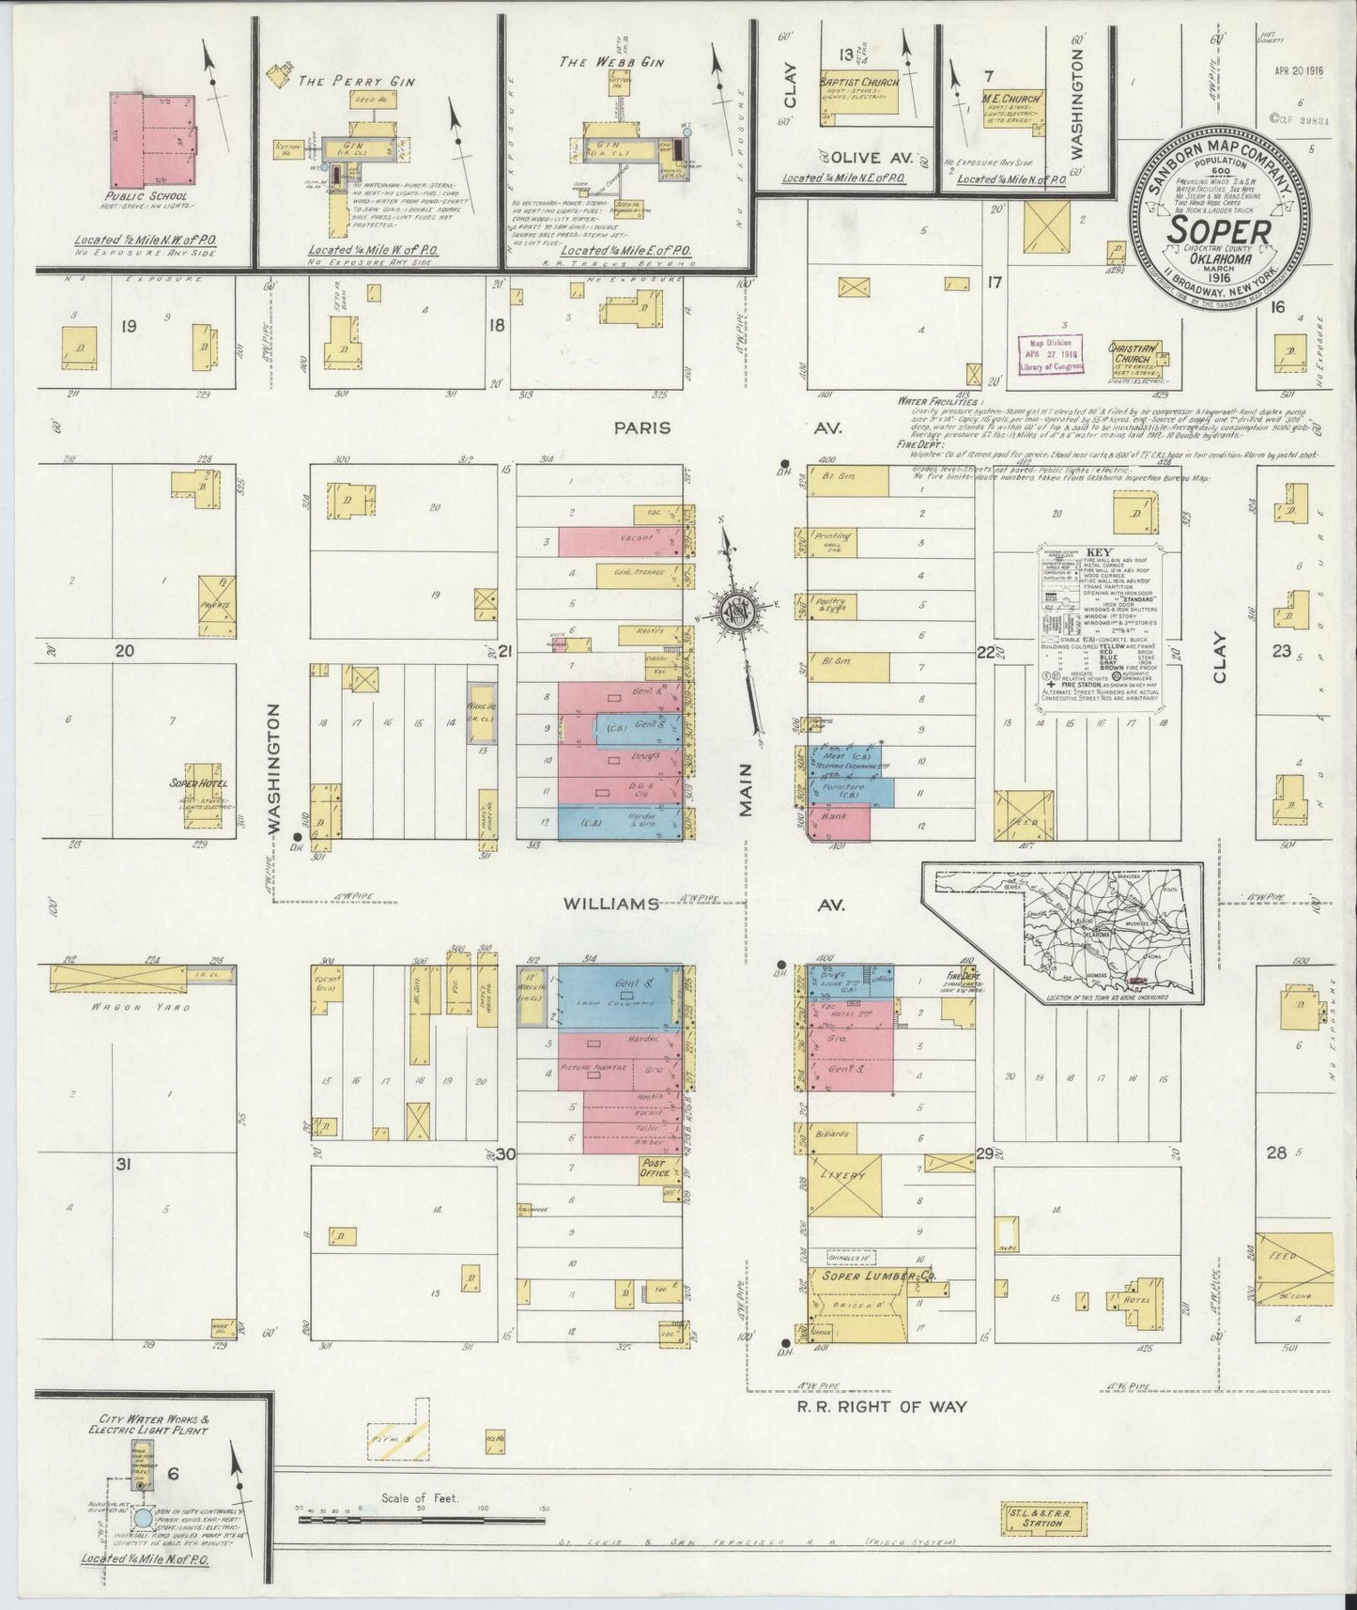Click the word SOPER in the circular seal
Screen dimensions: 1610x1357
[1221, 228]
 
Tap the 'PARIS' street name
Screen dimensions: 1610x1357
[642, 428]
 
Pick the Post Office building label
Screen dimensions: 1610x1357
[654, 1169]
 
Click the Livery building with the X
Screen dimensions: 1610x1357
[844, 1184]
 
